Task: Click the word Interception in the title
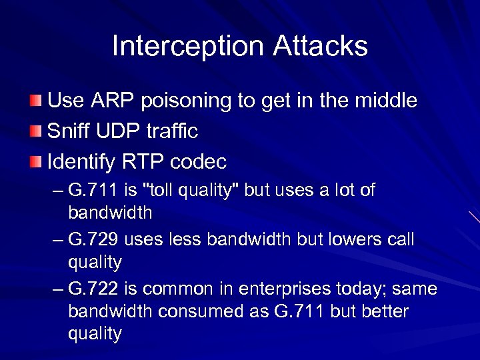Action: click(x=188, y=46)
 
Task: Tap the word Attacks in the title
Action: click(x=320, y=46)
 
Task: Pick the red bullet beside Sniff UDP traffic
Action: click(x=36, y=131)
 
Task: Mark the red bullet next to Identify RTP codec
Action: click(x=36, y=161)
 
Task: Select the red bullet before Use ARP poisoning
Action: click(x=36, y=101)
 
